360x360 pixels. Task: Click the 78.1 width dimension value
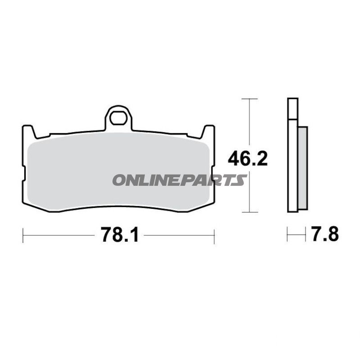pos(119,235)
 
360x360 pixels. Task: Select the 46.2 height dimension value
pos(247,159)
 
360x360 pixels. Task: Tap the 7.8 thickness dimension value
pos(324,234)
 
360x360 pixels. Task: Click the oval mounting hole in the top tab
pos(119,118)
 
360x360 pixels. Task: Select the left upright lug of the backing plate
pos(28,131)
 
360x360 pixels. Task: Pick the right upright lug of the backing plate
pos(209,131)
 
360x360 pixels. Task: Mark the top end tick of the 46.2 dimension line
pos(249,98)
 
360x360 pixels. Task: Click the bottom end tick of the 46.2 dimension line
pos(249,212)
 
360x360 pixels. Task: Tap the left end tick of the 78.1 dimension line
pos(23,235)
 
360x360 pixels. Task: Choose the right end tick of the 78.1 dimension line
pos(214,235)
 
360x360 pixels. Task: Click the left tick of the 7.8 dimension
pos(288,234)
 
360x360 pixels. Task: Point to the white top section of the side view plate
pos(292,108)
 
